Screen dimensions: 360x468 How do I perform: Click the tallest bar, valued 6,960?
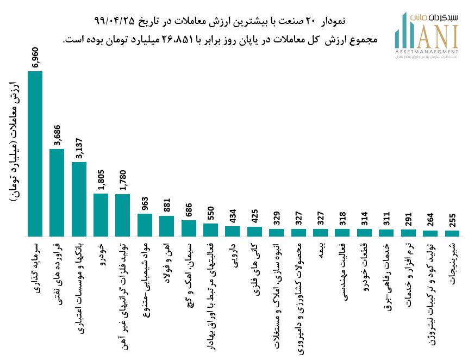point(35,154)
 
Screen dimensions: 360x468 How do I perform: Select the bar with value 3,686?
point(57,193)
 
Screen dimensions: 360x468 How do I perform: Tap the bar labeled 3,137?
point(79,199)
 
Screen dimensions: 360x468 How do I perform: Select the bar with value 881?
point(166,226)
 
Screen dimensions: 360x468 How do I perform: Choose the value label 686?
point(189,208)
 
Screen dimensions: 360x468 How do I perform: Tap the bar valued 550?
point(210,230)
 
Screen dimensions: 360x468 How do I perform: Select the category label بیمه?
point(320,252)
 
